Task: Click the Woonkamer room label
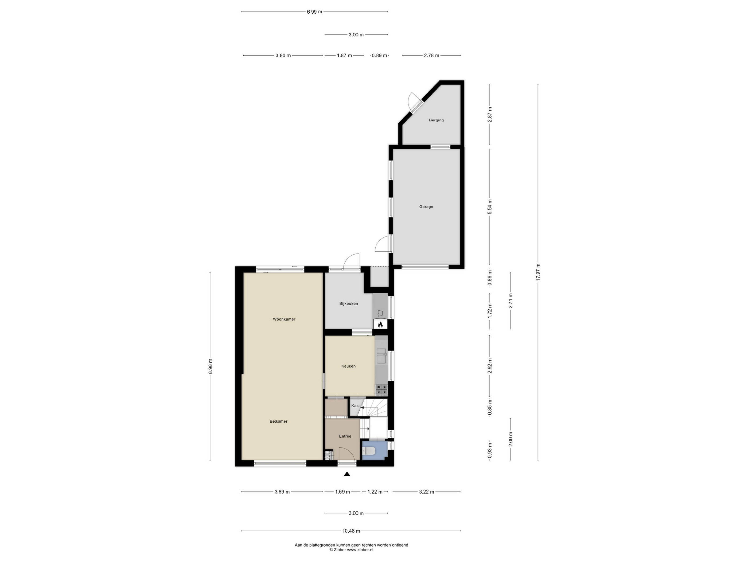coord(284,319)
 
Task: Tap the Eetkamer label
coord(278,421)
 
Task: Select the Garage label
coord(426,207)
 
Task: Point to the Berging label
coord(436,120)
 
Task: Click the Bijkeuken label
coord(349,304)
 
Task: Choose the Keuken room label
coord(348,366)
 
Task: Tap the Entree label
coord(345,436)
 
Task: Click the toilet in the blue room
coord(368,451)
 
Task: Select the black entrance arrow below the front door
coord(347,474)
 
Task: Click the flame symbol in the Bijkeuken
coord(380,325)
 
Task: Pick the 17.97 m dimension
coord(538,272)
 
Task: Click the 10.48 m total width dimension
coord(351,531)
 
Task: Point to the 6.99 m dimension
coord(314,12)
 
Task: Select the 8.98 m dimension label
coord(210,366)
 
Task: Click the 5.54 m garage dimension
coord(490,207)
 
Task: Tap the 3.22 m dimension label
coord(426,492)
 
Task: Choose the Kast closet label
coord(355,406)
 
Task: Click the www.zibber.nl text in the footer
coord(360,550)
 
